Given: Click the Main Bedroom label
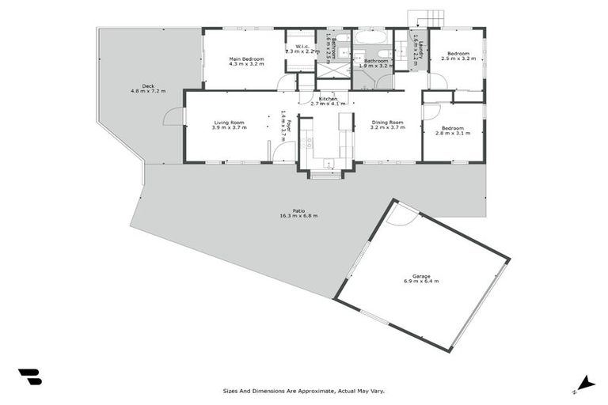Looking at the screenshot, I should click(x=246, y=59).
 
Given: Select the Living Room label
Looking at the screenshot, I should click(x=228, y=122).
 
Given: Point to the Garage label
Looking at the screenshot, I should click(x=420, y=276).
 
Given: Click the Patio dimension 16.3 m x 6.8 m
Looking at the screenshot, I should click(x=298, y=216).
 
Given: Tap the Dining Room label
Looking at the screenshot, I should click(x=387, y=122).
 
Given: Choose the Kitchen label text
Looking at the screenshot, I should click(x=328, y=99).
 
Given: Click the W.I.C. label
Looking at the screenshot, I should click(x=302, y=46).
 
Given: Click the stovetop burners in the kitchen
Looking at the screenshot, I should click(x=309, y=143).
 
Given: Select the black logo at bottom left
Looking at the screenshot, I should click(x=30, y=377).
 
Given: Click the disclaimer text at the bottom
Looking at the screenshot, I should click(x=304, y=390).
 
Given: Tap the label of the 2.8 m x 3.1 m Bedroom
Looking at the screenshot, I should click(x=453, y=128).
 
